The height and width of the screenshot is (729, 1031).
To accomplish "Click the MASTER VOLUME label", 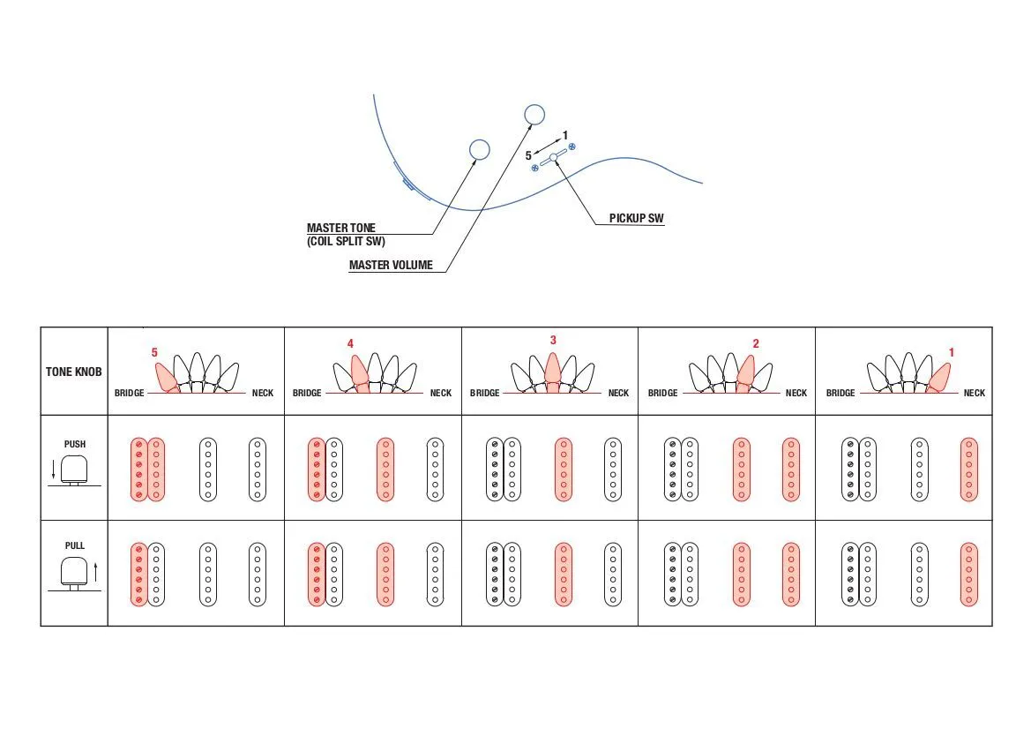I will [391, 265].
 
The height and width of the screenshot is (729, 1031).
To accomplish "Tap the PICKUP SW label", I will [637, 219].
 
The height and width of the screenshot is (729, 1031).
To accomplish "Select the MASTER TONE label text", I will [341, 228].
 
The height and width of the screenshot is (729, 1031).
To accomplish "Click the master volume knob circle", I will [535, 114].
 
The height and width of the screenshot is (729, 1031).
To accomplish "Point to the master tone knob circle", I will [479, 149].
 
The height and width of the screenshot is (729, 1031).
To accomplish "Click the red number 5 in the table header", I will [154, 352].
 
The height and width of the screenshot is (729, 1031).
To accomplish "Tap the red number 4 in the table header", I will [350, 343].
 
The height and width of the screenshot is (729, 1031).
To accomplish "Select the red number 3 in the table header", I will [553, 340].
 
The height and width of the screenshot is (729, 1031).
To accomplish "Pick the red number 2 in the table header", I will [756, 343].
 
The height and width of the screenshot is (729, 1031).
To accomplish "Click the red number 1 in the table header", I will [952, 352].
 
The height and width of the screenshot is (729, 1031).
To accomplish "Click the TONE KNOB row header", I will [74, 372].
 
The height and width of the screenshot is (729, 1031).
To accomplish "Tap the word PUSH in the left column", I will [75, 444].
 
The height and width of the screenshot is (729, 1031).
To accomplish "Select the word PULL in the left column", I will [75, 545].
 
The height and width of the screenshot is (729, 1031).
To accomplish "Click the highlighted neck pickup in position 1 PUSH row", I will [968, 470].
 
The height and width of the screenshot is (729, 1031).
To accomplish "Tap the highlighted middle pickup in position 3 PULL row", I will [564, 574].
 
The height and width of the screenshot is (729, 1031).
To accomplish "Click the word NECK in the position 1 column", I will [975, 393].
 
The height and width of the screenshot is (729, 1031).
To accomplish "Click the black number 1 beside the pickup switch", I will [565, 135].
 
